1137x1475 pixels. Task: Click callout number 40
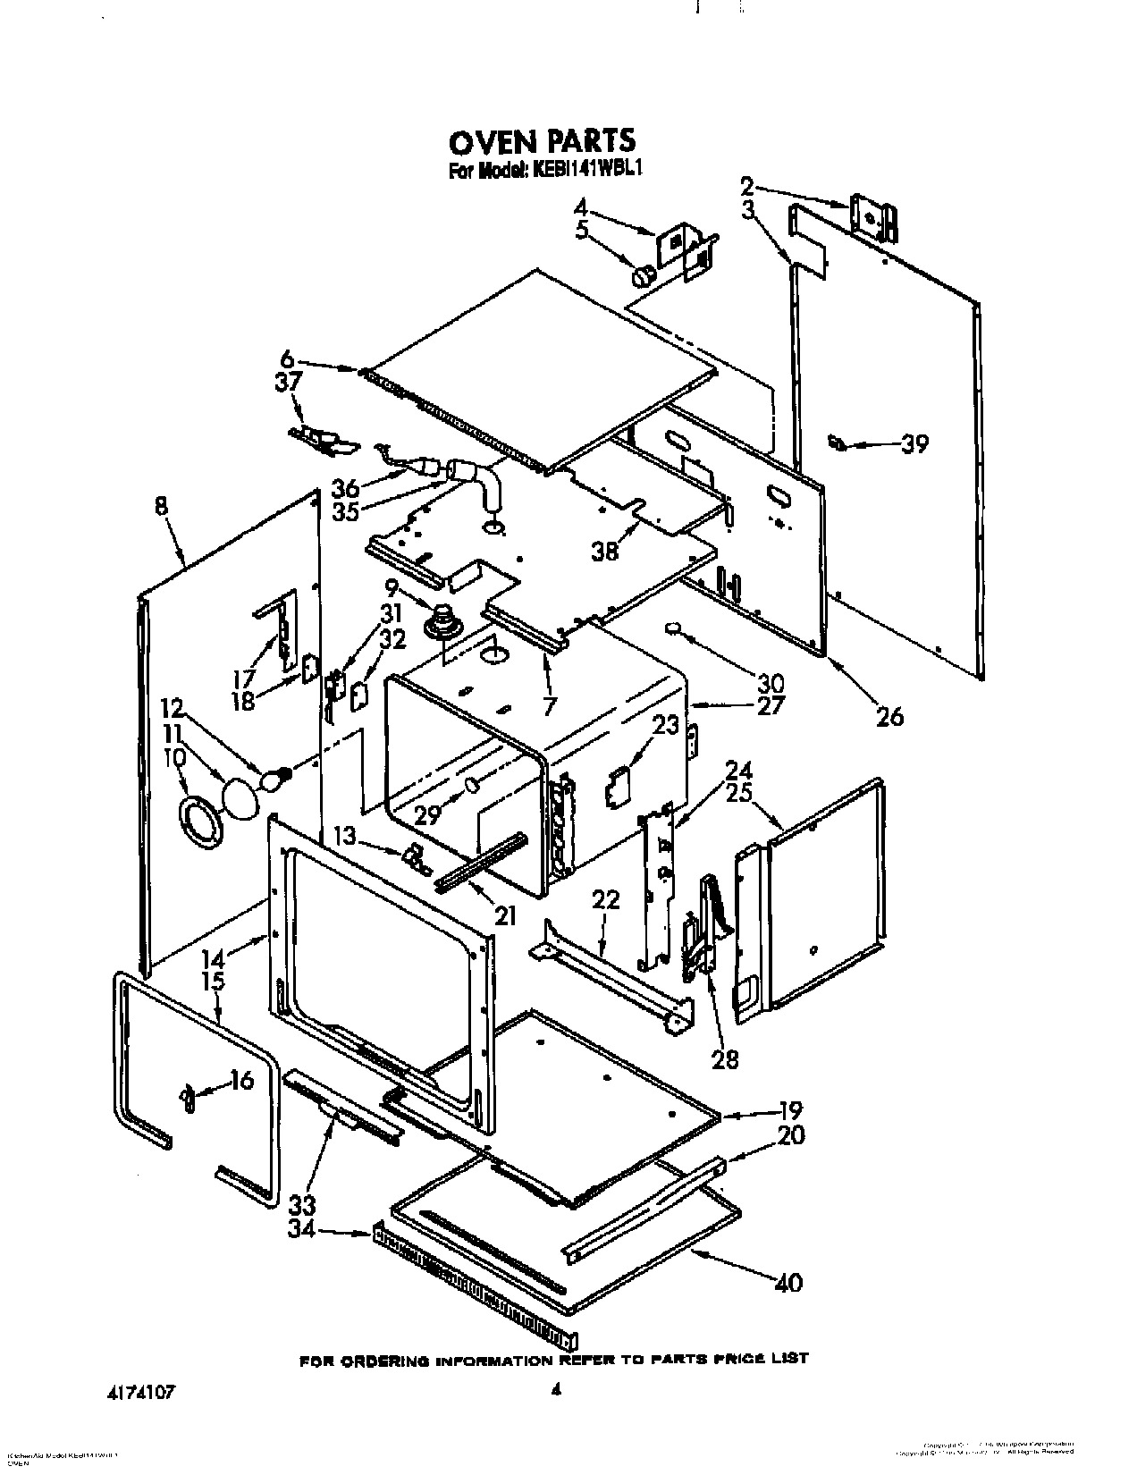click(787, 1283)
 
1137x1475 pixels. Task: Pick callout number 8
click(161, 507)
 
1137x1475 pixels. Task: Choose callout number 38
click(605, 551)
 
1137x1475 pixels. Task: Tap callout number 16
click(241, 1081)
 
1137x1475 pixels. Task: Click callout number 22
click(605, 900)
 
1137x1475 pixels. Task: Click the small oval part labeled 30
click(674, 629)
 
